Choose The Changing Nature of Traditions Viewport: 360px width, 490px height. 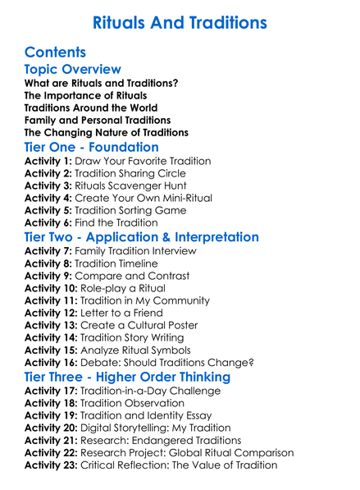coord(107,132)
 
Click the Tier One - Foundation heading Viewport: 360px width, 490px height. coord(92,148)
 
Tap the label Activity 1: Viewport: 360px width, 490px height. coord(48,161)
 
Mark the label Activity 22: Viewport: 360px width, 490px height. coord(52,452)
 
